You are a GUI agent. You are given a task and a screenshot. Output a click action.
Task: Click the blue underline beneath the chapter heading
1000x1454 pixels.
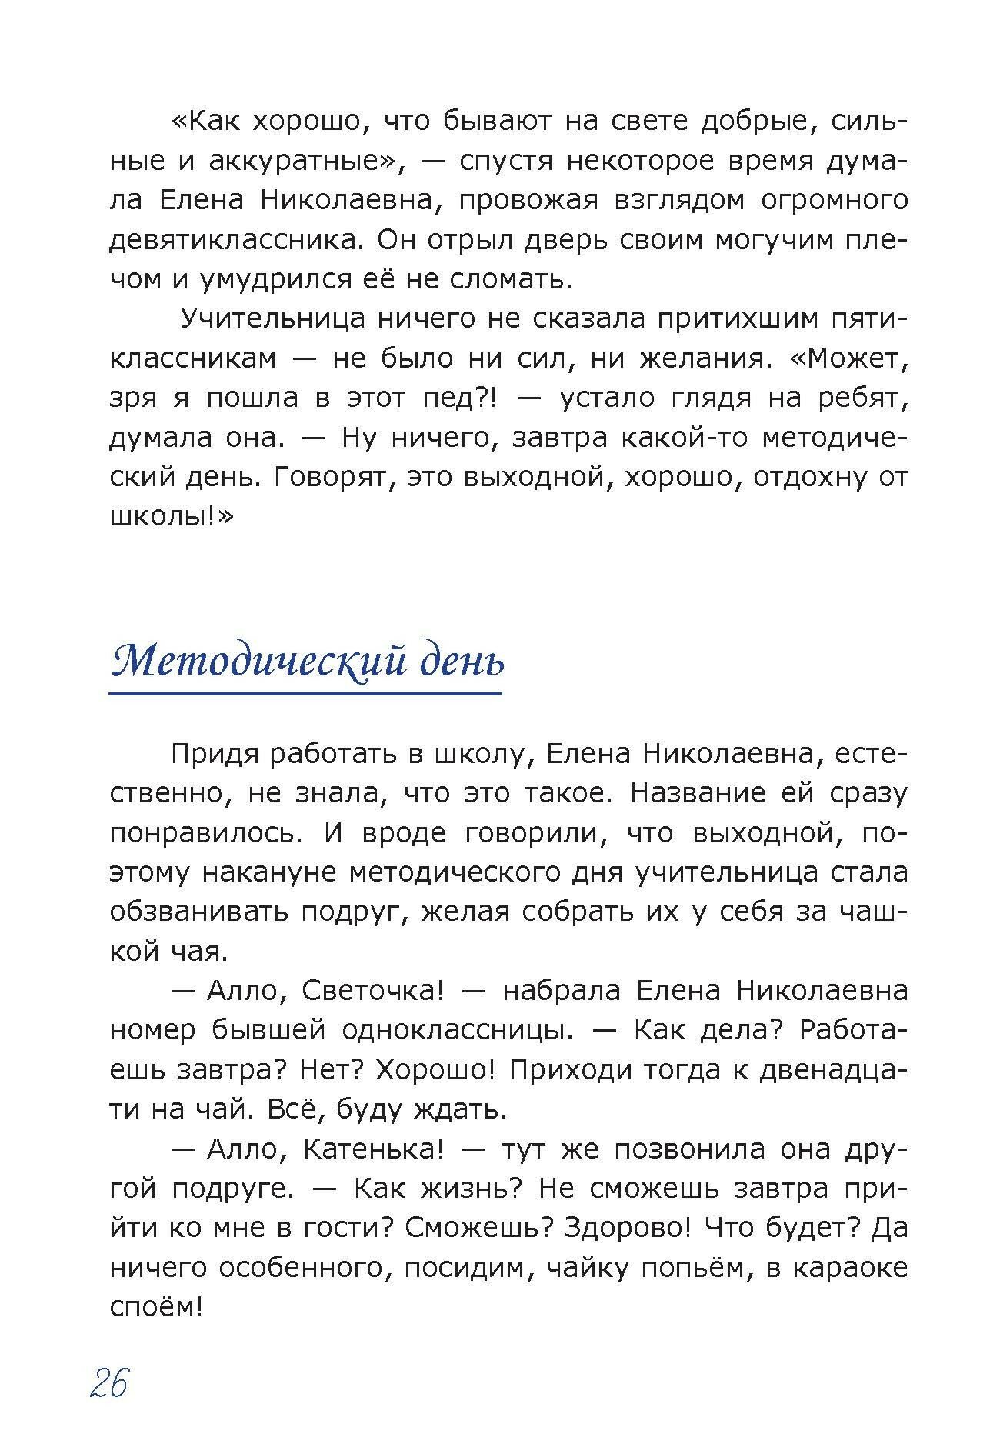pos(305,695)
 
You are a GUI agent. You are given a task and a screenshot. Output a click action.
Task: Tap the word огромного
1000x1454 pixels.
pos(834,200)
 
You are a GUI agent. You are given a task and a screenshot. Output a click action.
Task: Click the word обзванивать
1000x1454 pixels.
pos(197,912)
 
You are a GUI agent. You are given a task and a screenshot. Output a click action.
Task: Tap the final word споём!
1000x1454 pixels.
pos(155,1307)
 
